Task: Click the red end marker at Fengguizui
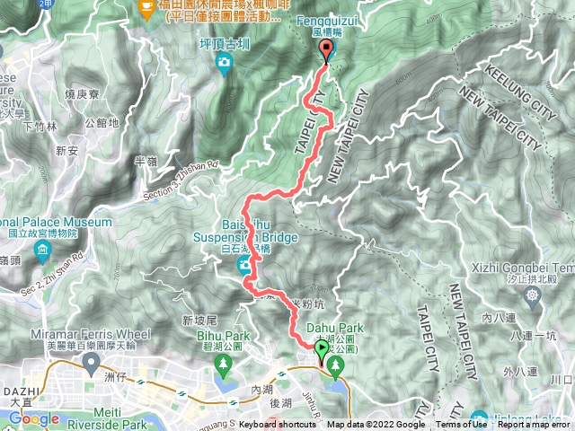325,49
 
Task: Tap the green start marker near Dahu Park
321,348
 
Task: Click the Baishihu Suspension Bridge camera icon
243,265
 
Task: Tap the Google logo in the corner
33,418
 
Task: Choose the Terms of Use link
462,425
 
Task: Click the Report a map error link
534,425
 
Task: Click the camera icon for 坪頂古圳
224,61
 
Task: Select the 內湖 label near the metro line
261,390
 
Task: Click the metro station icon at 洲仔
90,364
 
